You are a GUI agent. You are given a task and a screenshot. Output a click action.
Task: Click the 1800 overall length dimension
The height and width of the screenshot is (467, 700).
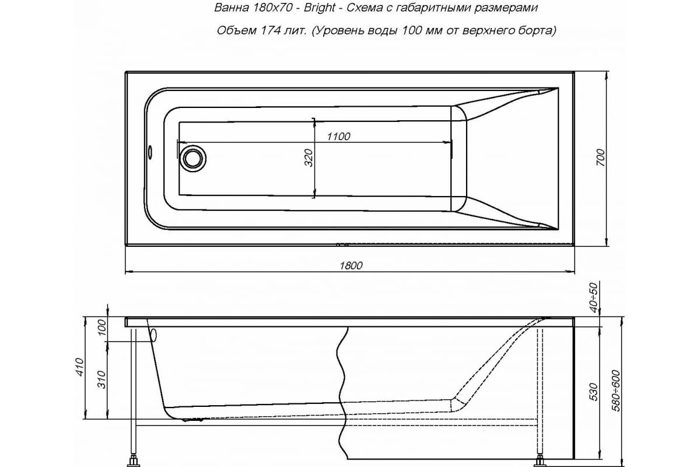click(351, 266)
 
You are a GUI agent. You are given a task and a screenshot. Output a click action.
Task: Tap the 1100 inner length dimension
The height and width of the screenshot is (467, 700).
click(338, 137)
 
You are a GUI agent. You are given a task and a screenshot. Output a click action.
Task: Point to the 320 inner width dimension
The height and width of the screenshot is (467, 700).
click(309, 158)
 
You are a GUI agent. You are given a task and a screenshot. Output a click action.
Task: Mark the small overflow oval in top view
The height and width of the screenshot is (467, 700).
click(150, 152)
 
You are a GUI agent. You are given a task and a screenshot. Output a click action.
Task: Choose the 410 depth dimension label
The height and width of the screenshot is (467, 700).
click(80, 367)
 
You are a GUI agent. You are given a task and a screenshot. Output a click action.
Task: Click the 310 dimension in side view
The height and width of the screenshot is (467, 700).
click(103, 380)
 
